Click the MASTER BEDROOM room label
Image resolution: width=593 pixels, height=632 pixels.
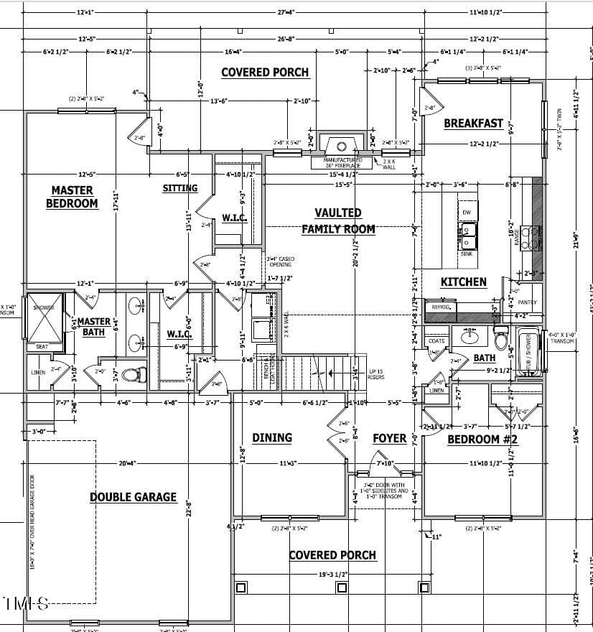pos(72,197)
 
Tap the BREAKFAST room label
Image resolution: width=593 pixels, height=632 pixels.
pos(473,124)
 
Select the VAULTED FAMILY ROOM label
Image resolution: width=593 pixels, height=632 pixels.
pos(337,220)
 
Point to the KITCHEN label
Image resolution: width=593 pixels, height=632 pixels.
pos(463,282)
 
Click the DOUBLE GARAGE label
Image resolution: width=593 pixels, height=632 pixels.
pos(133,497)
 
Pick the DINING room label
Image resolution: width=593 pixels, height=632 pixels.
pos(271,437)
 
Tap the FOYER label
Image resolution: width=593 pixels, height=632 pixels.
pos(390,438)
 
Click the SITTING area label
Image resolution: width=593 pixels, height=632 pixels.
pos(179,188)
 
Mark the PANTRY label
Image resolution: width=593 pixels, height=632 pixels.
pos(527,302)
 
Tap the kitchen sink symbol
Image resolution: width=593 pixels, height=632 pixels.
pos(467,231)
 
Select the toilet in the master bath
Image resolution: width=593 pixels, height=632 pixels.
pos(133,374)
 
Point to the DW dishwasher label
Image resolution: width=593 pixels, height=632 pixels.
pos(467,213)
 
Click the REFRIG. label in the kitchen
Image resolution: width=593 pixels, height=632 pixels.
pos(440,307)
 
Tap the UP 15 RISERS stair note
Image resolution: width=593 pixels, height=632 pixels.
pos(376,374)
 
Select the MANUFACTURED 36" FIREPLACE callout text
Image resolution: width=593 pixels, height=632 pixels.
pos(342,163)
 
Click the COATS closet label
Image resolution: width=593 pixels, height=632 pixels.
pos(436,340)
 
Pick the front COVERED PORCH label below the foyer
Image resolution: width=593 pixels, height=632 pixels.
pos(332,555)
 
